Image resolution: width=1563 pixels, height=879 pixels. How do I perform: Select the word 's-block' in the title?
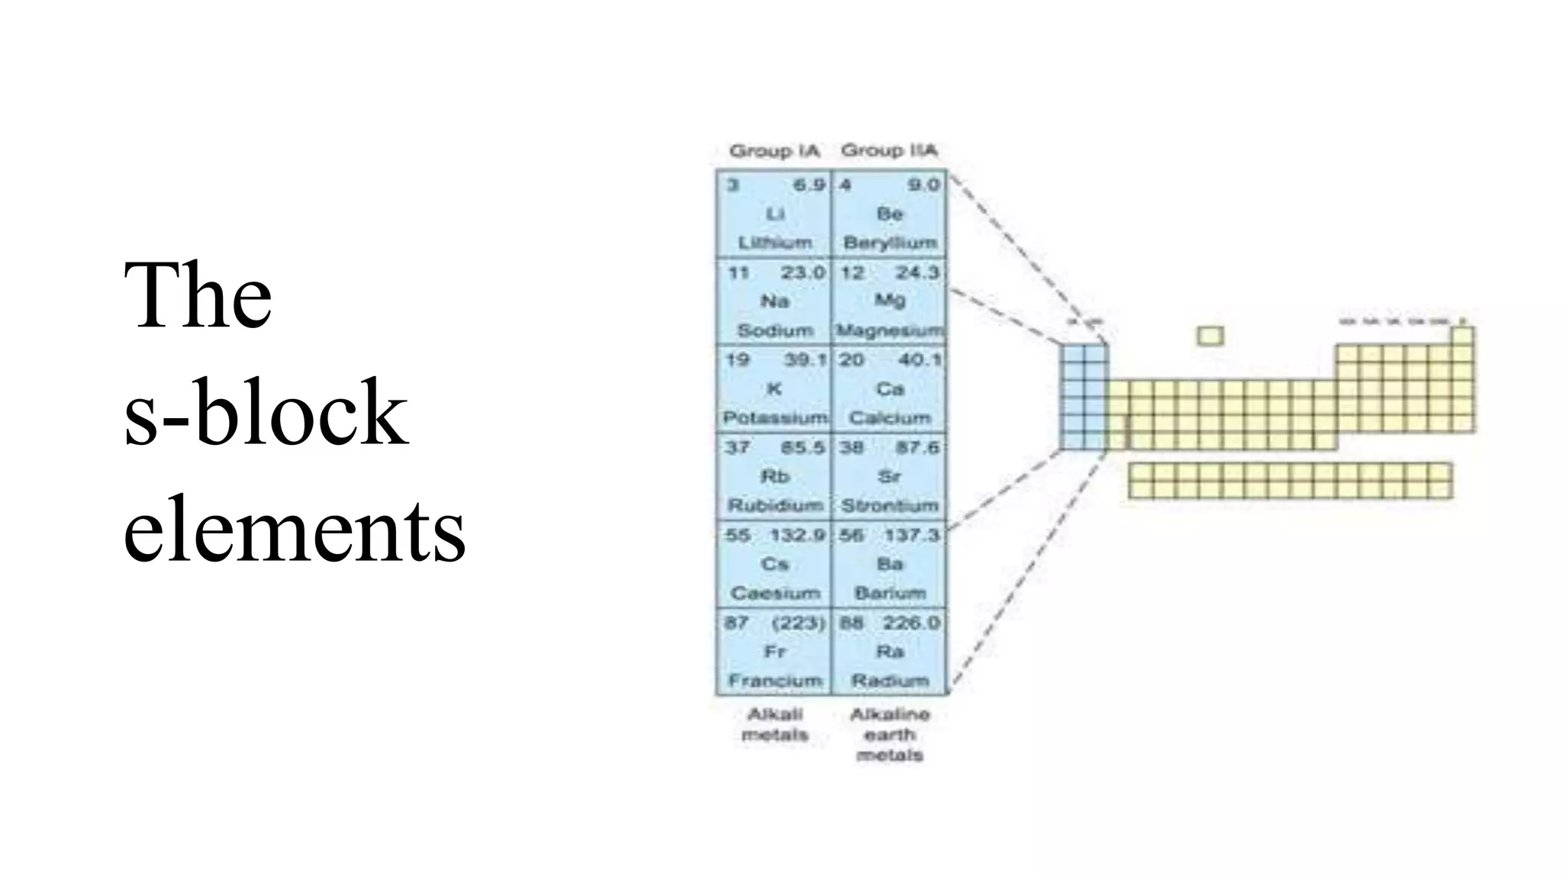pyautogui.click(x=265, y=413)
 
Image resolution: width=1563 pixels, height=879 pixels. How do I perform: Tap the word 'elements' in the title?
pyautogui.click(x=294, y=530)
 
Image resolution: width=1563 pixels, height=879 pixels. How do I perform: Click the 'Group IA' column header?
pyautogui.click(x=774, y=151)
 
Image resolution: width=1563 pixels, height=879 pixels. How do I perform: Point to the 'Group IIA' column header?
pyautogui.click(x=888, y=151)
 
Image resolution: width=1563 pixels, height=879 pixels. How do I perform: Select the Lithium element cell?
pyautogui.click(x=774, y=214)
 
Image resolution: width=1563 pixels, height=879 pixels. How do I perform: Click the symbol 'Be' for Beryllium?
pyautogui.click(x=890, y=214)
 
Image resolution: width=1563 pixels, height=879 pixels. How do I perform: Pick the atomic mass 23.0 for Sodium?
pyautogui.click(x=803, y=273)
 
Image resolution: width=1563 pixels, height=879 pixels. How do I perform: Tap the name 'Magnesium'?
pyautogui.click(x=890, y=331)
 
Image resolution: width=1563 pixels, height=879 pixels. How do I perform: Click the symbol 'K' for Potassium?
pyautogui.click(x=774, y=389)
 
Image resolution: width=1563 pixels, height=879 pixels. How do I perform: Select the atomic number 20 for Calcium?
pyautogui.click(x=851, y=360)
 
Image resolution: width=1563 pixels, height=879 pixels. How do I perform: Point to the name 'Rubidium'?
pyautogui.click(x=775, y=506)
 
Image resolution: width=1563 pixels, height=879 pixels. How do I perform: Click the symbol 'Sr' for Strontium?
pyautogui.click(x=890, y=477)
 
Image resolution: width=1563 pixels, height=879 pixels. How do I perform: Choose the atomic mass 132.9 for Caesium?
pyautogui.click(x=797, y=536)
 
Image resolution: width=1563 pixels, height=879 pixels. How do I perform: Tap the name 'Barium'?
pyautogui.click(x=890, y=594)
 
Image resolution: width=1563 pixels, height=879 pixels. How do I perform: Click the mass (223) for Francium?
pyautogui.click(x=798, y=623)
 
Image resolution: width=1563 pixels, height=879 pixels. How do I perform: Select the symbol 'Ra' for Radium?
pyautogui.click(x=890, y=652)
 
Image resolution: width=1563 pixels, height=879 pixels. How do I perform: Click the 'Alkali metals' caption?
pyautogui.click(x=775, y=725)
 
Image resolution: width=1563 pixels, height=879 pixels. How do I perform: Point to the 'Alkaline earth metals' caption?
pyautogui.click(x=890, y=735)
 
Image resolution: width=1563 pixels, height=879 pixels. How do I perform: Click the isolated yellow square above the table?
pyautogui.click(x=1210, y=336)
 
